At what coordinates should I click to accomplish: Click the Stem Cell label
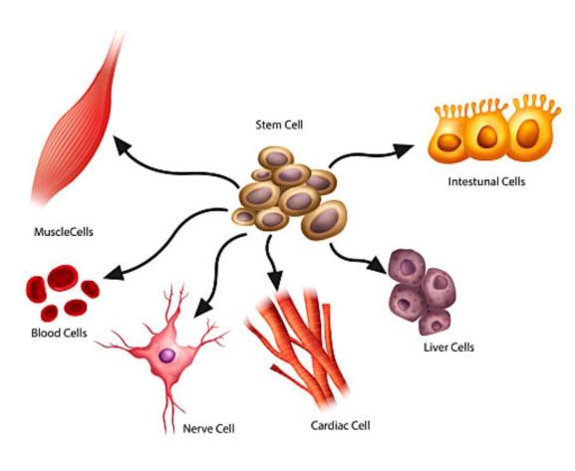[279, 125]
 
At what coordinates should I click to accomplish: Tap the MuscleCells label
[64, 232]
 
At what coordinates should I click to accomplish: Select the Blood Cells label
[59, 334]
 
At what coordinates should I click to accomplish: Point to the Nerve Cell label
[208, 428]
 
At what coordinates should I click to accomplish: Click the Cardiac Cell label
[340, 425]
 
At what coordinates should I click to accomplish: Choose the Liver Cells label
[448, 348]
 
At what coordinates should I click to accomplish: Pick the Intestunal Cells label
[486, 181]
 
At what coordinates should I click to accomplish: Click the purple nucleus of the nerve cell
[167, 355]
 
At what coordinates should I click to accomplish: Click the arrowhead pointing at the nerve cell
[202, 307]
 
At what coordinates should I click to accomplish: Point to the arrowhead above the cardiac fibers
[275, 281]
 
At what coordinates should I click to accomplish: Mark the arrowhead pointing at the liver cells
[378, 265]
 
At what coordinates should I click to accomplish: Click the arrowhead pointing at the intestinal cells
[405, 150]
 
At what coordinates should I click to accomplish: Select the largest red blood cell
[63, 278]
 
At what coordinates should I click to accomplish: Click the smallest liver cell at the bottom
[434, 323]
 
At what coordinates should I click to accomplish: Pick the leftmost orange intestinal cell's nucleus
[448, 142]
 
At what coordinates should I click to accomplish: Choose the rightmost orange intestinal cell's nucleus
[528, 133]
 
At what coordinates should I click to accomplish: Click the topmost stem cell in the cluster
[276, 158]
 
